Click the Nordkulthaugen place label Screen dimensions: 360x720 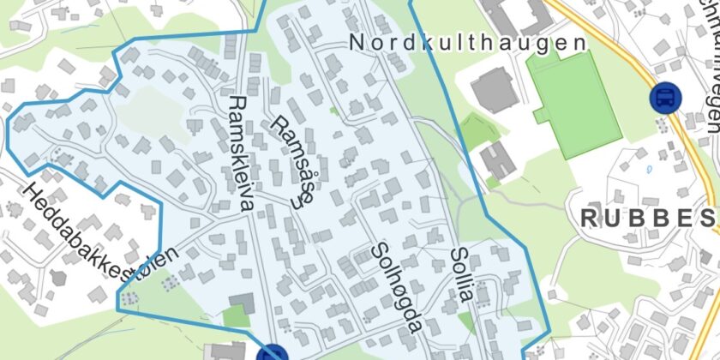[468, 43]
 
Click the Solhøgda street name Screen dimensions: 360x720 [397, 288]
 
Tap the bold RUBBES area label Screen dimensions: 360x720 [648, 218]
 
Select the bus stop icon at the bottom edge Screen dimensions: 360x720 [273, 353]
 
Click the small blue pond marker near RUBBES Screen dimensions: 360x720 [649, 168]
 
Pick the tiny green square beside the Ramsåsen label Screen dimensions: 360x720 [333, 110]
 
